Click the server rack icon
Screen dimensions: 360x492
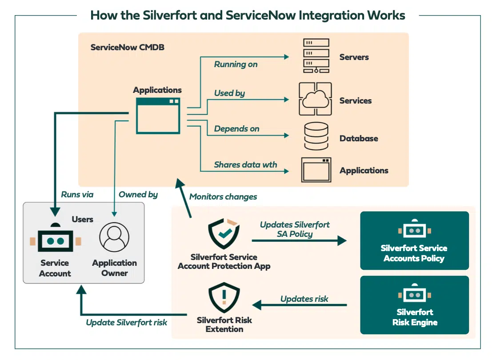tap(316, 56)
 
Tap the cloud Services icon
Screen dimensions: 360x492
tap(315, 99)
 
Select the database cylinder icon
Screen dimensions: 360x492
tap(316, 136)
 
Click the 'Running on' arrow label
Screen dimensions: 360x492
tap(236, 64)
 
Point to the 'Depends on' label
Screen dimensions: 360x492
tap(236, 129)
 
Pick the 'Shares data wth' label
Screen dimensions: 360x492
tap(245, 164)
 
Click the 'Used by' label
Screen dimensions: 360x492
tap(229, 93)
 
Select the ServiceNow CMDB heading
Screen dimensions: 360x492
tap(128, 47)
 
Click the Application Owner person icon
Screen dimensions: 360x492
tap(114, 237)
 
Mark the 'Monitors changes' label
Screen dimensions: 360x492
tap(223, 196)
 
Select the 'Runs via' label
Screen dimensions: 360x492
tap(77, 194)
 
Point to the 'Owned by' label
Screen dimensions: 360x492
tap(138, 194)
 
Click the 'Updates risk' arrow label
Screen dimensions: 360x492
tap(304, 299)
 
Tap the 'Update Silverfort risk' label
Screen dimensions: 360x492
tap(126, 322)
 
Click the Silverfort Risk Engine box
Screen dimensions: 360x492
tap(414, 305)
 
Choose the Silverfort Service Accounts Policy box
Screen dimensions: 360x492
tap(414, 241)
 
